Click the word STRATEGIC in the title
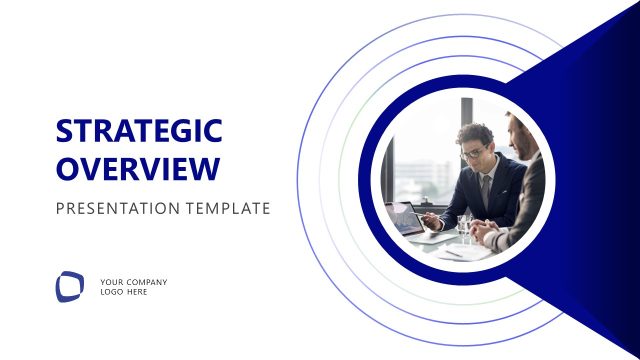click(x=138, y=132)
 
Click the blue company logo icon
click(x=70, y=286)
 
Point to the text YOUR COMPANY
click(x=134, y=282)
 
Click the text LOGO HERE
click(x=124, y=292)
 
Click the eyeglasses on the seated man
click(x=475, y=153)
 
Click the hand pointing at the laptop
click(x=432, y=222)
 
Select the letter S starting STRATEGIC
click(x=65, y=132)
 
